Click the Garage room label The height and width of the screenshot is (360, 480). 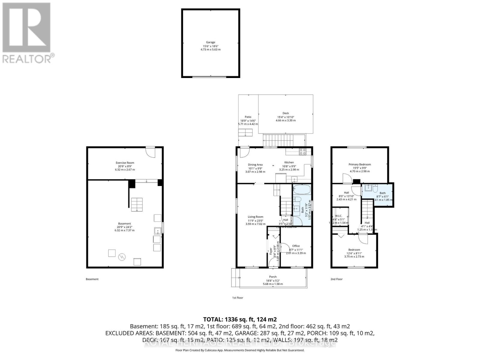(210, 42)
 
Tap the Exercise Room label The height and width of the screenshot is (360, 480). (125, 163)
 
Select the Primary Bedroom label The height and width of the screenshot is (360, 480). (359, 164)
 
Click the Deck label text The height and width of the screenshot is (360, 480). (286, 113)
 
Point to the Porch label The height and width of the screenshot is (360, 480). (273, 277)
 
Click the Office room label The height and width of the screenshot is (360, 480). (296, 246)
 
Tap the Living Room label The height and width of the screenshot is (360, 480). (255, 217)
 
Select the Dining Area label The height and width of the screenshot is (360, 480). (255, 164)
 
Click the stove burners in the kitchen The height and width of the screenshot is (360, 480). (302, 152)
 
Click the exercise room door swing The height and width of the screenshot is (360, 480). (150, 152)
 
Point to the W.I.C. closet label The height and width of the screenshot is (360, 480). (339, 216)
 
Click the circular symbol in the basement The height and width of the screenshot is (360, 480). (122, 257)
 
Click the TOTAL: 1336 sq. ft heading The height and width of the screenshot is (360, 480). (240, 319)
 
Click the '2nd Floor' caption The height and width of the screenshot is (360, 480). (336, 279)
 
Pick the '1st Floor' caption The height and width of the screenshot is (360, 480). (237, 298)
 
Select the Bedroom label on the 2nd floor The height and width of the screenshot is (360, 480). (354, 250)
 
